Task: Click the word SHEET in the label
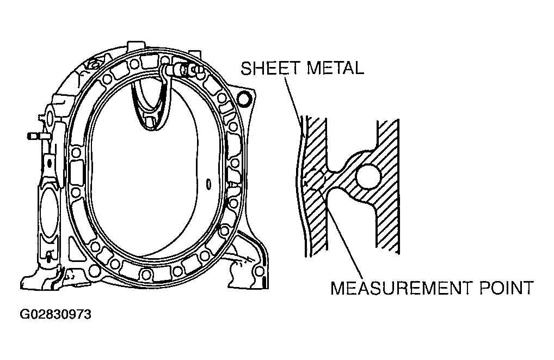pyautogui.click(x=270, y=68)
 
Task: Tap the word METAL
pyautogui.click(x=335, y=68)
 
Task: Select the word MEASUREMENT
pyautogui.click(x=401, y=288)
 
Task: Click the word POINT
pyautogui.click(x=506, y=288)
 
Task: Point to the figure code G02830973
pyautogui.click(x=56, y=314)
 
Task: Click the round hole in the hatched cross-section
pyautogui.click(x=368, y=176)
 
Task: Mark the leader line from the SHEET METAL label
pyautogui.click(x=293, y=102)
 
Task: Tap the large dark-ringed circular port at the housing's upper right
pyautogui.click(x=244, y=99)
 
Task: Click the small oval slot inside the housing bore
pyautogui.click(x=208, y=184)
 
